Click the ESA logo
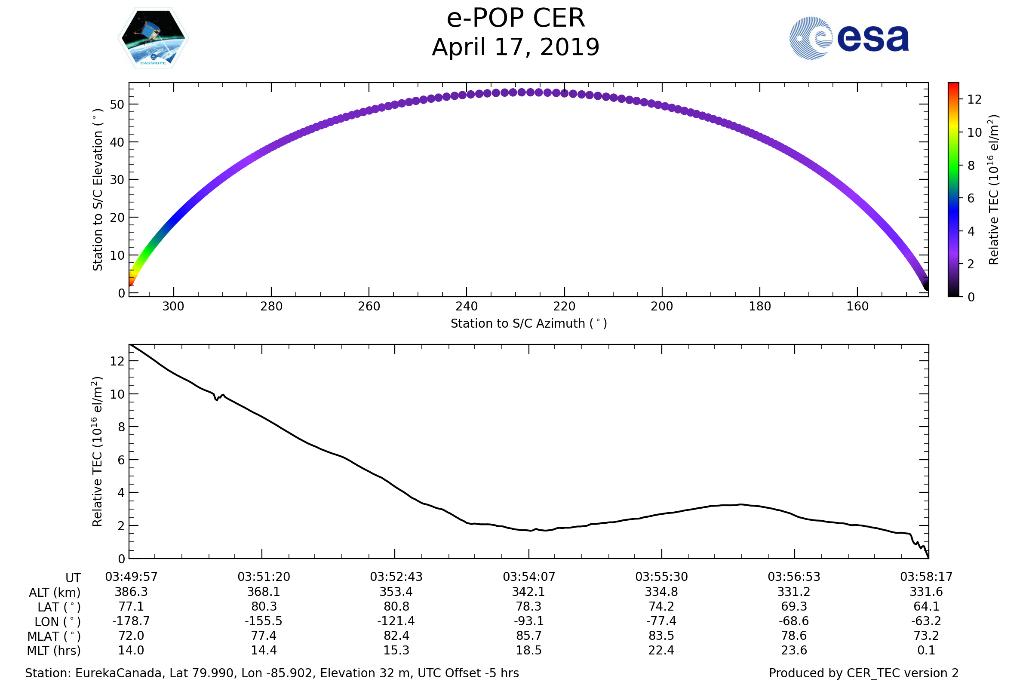[x=849, y=38]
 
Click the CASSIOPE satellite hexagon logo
[x=153, y=38]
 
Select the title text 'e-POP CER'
[x=516, y=18]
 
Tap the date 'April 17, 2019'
[x=516, y=47]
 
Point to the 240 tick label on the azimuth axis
[x=467, y=306]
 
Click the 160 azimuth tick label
[x=857, y=306]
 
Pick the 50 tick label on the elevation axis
[x=117, y=104]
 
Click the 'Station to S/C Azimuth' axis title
[x=529, y=324]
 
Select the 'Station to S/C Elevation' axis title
[x=98, y=190]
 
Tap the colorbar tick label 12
[x=974, y=100]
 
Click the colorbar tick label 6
[x=971, y=198]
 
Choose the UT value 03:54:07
[x=529, y=577]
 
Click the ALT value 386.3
[x=131, y=592]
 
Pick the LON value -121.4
[x=396, y=621]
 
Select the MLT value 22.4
[x=661, y=650]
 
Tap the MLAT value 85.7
[x=529, y=636]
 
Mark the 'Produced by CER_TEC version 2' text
[x=863, y=673]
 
